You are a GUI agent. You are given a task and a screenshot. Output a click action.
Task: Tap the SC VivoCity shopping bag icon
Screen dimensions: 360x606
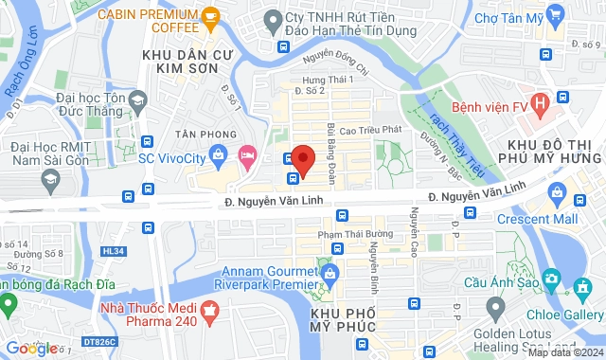pyautogui.click(x=218, y=153)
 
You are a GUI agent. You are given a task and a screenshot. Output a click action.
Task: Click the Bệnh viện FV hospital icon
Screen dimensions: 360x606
pyautogui.click(x=539, y=101)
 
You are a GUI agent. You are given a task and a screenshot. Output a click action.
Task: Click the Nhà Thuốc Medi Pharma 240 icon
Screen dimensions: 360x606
pyautogui.click(x=210, y=309)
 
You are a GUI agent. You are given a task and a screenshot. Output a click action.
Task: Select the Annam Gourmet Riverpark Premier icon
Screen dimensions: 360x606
pyautogui.click(x=330, y=275)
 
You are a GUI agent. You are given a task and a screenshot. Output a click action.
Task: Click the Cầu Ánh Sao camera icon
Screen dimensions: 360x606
pyautogui.click(x=553, y=283)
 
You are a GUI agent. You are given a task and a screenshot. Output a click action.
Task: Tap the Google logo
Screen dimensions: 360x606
pyautogui.click(x=31, y=349)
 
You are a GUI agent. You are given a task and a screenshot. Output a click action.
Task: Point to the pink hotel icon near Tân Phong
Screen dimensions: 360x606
pyautogui.click(x=248, y=153)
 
